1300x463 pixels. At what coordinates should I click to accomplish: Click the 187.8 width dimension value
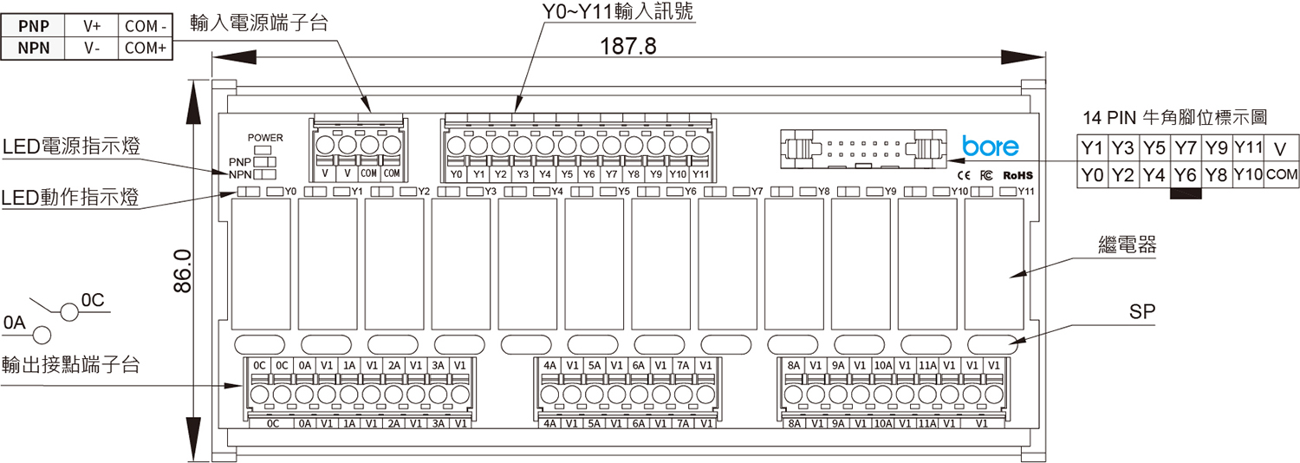click(628, 46)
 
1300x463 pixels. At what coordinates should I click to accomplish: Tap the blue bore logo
click(991, 147)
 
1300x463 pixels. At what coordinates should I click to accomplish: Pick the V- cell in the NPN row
click(93, 49)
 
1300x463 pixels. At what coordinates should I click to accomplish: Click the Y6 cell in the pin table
click(1185, 175)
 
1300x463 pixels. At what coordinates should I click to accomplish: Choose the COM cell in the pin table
click(1282, 175)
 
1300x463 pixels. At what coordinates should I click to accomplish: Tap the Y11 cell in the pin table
click(1248, 146)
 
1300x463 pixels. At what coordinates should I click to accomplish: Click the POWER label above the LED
click(265, 138)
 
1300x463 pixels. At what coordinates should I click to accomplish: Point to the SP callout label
click(1142, 312)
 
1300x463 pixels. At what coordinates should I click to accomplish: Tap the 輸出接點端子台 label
click(71, 364)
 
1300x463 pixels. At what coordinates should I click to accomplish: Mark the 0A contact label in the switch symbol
click(15, 323)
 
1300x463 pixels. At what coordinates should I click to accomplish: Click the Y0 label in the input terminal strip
click(457, 174)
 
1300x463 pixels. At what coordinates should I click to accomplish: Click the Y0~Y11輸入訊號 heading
click(617, 12)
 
